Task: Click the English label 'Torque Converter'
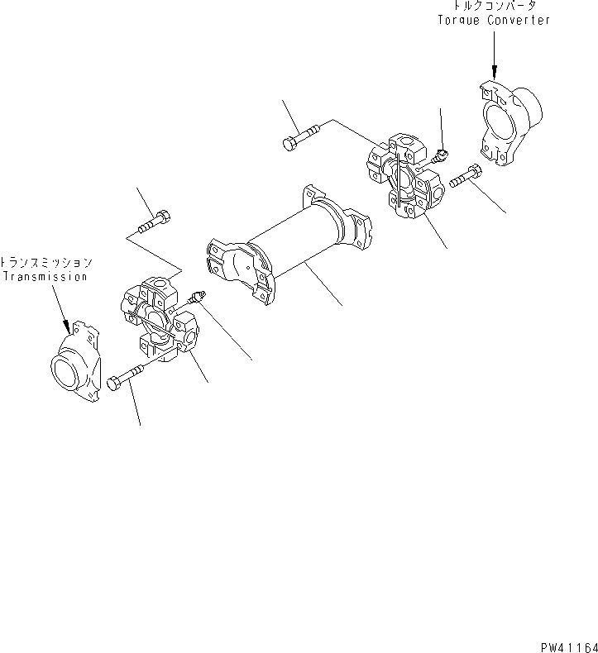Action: [493, 21]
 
